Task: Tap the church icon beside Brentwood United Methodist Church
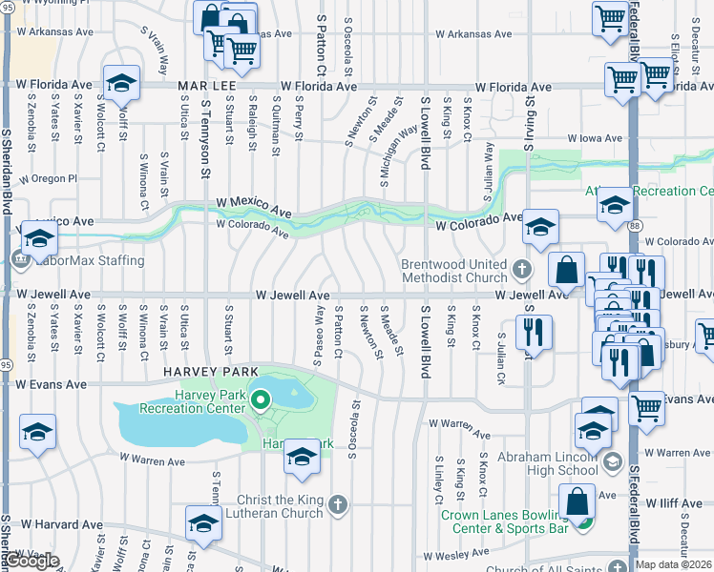tap(522, 270)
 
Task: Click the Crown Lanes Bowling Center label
tap(505, 521)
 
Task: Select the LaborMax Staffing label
tap(91, 260)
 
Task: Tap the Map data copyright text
tap(674, 564)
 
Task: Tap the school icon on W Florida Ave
tap(122, 83)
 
